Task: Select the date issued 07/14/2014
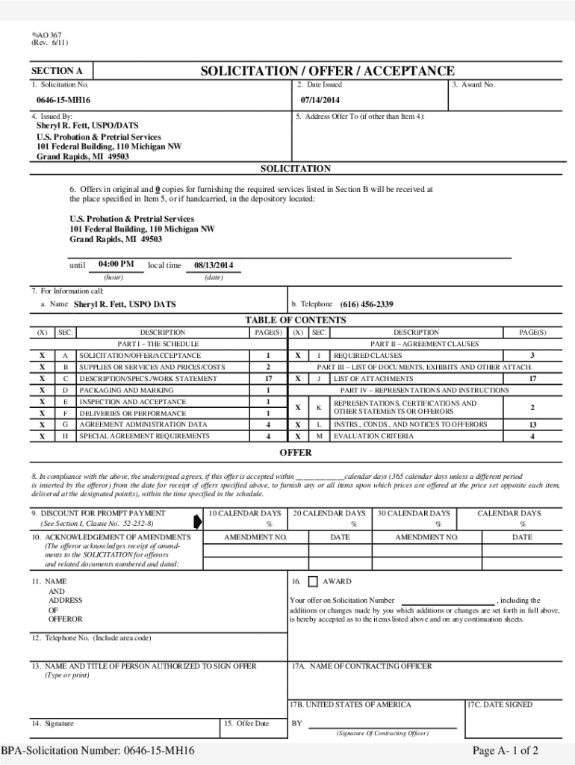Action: [320, 100]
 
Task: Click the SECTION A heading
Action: [57, 72]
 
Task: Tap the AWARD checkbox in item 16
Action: [312, 581]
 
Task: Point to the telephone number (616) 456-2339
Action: [367, 305]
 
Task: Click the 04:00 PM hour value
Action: [116, 264]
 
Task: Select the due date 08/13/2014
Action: [214, 265]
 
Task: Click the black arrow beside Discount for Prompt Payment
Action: [198, 521]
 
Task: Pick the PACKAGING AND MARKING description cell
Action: [126, 391]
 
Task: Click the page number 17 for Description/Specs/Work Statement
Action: [267, 379]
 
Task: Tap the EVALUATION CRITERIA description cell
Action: [373, 436]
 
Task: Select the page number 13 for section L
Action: [532, 425]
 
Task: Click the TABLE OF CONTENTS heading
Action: [296, 320]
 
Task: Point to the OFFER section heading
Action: [296, 453]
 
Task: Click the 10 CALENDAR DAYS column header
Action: [245, 513]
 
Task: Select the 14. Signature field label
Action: [52, 723]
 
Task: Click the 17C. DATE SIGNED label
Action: [500, 704]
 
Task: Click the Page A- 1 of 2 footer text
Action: [506, 751]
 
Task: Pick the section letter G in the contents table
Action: [66, 425]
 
